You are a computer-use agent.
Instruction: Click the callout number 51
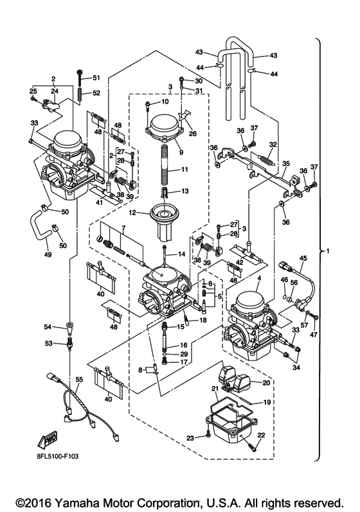pyautogui.click(x=96, y=78)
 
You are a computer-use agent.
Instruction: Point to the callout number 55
pyautogui.click(x=78, y=380)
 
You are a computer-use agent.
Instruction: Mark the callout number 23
pyautogui.click(x=190, y=437)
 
